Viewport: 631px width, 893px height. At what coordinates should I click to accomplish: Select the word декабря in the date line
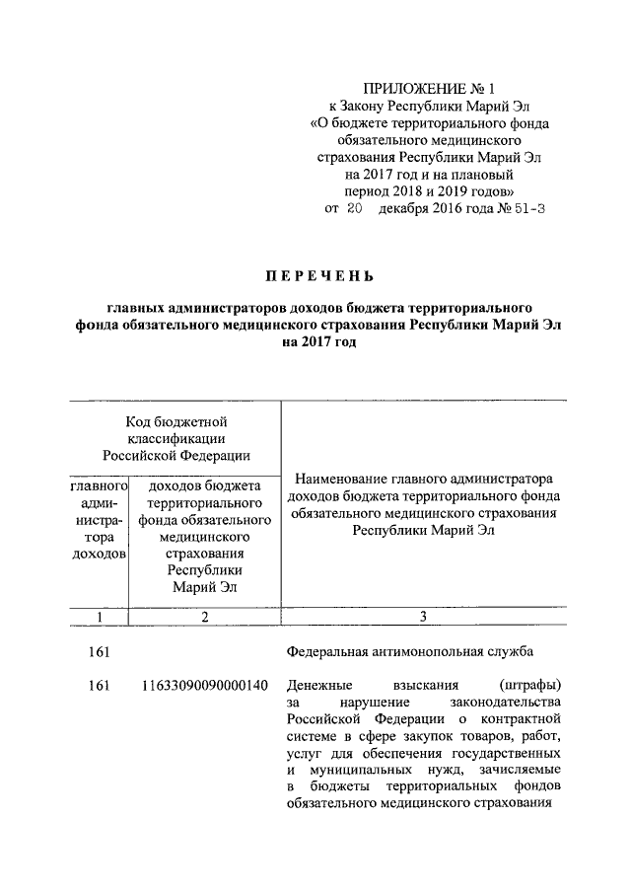pyautogui.click(x=406, y=209)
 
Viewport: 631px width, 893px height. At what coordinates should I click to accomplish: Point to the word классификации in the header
pyautogui.click(x=176, y=437)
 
